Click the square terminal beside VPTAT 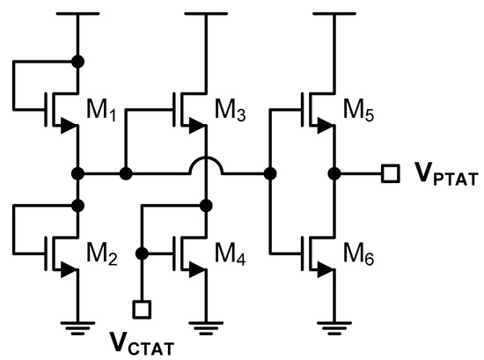click(x=388, y=173)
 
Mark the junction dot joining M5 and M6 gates click(x=268, y=173)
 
